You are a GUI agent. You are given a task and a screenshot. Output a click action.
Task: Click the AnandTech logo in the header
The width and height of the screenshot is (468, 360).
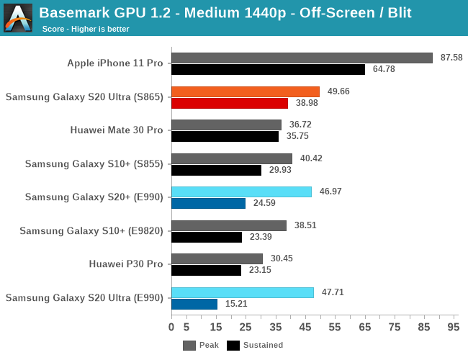point(18,18)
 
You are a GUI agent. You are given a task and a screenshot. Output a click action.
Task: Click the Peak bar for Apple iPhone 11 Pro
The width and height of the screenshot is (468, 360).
point(302,58)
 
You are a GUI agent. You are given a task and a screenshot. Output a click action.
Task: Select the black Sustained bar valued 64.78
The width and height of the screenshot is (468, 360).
point(269,70)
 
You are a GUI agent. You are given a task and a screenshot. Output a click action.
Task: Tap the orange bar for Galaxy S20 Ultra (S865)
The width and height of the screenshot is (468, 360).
point(246,91)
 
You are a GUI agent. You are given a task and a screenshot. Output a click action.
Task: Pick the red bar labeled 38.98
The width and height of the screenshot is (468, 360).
point(230,103)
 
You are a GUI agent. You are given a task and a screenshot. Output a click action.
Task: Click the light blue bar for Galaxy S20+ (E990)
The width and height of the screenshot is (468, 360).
point(241,192)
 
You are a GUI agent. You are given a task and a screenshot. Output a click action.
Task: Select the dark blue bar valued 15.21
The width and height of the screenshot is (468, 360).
point(194,304)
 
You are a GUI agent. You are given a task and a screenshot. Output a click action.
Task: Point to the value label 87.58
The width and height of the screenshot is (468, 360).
point(451,58)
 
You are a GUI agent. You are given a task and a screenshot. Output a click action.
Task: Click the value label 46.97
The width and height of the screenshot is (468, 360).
point(330,192)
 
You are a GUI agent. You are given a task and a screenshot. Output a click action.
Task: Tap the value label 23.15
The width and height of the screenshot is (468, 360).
point(260,270)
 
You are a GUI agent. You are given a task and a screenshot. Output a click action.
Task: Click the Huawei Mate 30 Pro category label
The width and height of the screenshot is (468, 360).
point(117,130)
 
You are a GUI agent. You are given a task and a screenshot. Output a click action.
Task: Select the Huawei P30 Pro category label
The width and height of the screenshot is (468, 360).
point(126,264)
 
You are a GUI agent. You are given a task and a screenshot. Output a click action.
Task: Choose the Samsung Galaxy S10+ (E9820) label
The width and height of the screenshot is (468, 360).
point(91,230)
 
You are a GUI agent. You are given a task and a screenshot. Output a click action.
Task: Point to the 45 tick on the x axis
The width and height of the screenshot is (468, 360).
point(305,327)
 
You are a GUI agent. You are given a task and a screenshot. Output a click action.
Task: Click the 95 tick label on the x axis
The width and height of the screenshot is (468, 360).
point(453,327)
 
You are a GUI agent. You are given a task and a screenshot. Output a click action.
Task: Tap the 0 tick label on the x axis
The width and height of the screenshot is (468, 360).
point(171,327)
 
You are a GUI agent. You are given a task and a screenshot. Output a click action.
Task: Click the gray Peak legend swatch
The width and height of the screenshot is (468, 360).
point(189,346)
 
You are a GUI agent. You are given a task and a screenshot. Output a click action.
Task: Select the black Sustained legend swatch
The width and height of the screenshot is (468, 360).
point(233,346)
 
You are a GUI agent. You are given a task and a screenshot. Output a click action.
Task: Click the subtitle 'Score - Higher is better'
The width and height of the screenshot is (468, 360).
point(86,29)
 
